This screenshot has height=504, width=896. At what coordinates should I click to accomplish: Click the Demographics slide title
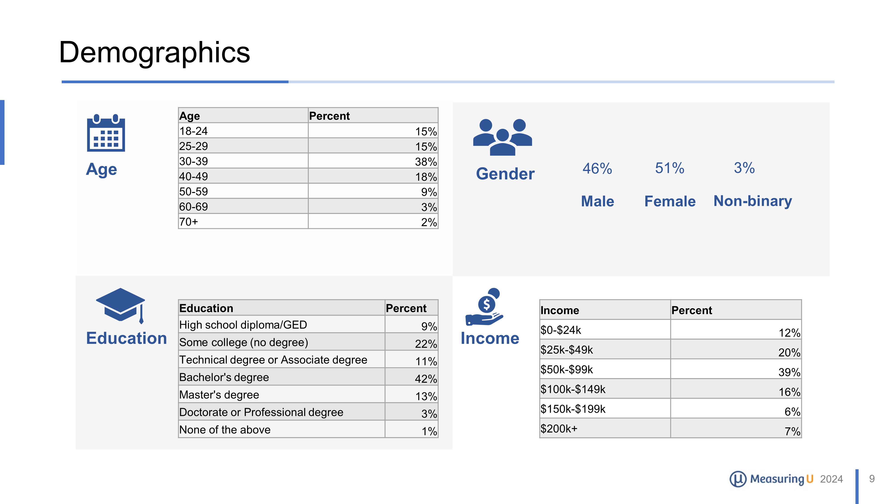(154, 52)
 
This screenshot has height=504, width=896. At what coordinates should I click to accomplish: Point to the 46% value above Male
(597, 169)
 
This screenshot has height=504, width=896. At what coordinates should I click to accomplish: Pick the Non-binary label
(753, 201)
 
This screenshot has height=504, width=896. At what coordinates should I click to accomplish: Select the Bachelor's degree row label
(224, 377)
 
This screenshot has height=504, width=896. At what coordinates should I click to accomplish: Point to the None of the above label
(225, 430)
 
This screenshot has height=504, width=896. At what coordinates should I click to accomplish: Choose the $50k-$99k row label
(567, 369)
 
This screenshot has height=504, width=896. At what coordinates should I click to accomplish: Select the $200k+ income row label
(559, 429)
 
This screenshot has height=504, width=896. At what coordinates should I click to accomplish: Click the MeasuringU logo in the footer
(771, 479)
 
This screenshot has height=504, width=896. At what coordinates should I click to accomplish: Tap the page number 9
(872, 479)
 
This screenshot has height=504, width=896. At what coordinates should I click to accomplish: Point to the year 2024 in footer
(831, 479)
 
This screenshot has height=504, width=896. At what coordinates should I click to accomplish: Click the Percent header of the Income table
(691, 310)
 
